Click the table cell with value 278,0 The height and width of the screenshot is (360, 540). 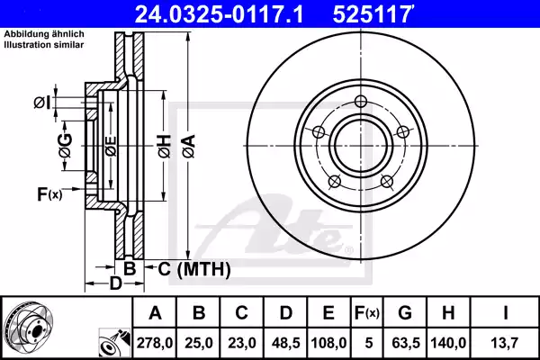pyautogui.click(x=154, y=343)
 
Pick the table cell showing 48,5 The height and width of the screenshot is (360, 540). pyautogui.click(x=286, y=343)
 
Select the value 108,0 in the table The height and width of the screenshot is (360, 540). pyautogui.click(x=328, y=343)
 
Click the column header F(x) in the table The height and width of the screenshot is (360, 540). pyautogui.click(x=367, y=312)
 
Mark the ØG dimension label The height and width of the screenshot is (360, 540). pyautogui.click(x=64, y=142)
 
